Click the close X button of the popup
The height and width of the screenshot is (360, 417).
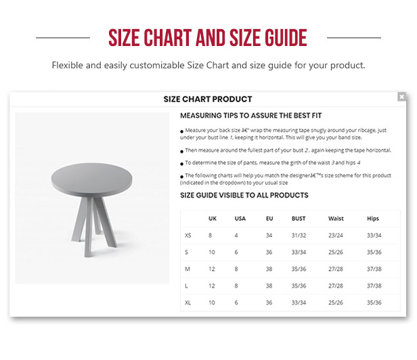pyautogui.click(x=401, y=97)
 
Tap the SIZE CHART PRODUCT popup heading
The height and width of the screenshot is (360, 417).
pyautogui.click(x=208, y=99)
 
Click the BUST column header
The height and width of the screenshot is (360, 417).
pyautogui.click(x=299, y=219)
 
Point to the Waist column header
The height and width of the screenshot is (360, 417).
pyautogui.click(x=336, y=219)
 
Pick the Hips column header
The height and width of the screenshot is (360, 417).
pyautogui.click(x=373, y=219)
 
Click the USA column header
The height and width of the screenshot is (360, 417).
pyautogui.click(x=240, y=219)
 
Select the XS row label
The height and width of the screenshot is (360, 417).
pyautogui.click(x=188, y=235)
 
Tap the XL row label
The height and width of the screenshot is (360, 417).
pyautogui.click(x=188, y=302)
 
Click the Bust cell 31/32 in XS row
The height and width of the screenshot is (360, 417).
pyautogui.click(x=299, y=235)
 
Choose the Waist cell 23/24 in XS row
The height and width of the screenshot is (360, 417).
pyautogui.click(x=336, y=235)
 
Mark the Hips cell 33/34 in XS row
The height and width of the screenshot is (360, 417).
pyautogui.click(x=374, y=235)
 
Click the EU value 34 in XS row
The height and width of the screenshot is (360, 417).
pyautogui.click(x=269, y=235)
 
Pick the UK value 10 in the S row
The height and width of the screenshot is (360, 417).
pyautogui.click(x=212, y=252)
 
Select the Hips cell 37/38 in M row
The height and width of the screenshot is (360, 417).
pyautogui.click(x=374, y=269)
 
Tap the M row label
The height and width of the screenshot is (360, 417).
pyautogui.click(x=188, y=269)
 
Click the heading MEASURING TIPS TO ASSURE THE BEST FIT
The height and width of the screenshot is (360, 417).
pyautogui.click(x=250, y=116)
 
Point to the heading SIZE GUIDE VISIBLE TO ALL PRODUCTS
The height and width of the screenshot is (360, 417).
pyautogui.click(x=244, y=196)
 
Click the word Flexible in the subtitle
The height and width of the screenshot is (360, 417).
pyautogui.click(x=67, y=65)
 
